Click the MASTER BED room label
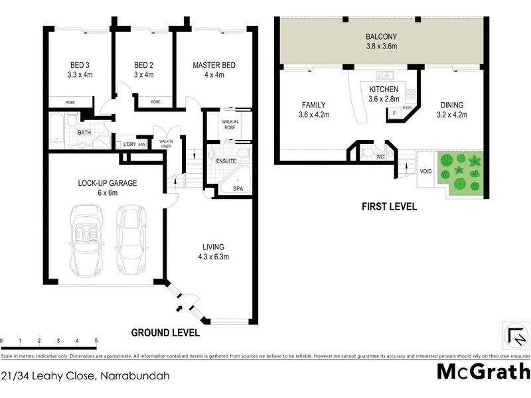[x=214, y=65]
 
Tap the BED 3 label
[x=79, y=65]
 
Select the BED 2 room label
[x=143, y=65]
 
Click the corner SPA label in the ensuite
[x=238, y=189]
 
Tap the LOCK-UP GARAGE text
[x=107, y=183]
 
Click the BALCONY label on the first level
[x=381, y=36]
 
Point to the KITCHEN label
[x=384, y=90]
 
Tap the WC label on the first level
[x=380, y=157]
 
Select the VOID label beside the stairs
[x=425, y=171]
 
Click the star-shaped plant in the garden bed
[x=473, y=161]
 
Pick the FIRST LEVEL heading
[x=389, y=206]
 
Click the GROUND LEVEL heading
[x=165, y=332]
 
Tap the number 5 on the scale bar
[x=96, y=341]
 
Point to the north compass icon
[x=514, y=334]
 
